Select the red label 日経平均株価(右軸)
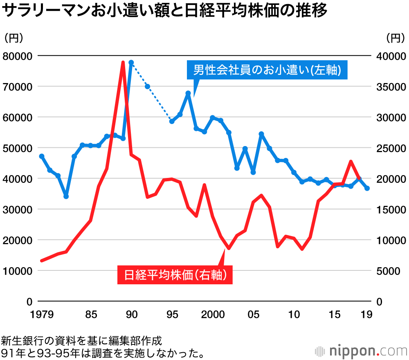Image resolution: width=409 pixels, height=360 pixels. (x=175, y=275)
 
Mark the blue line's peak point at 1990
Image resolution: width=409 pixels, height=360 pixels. (x=131, y=63)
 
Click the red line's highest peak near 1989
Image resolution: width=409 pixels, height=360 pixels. (x=123, y=62)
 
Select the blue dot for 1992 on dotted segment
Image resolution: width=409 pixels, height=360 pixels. (x=147, y=86)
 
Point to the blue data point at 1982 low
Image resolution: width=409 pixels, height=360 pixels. (x=66, y=196)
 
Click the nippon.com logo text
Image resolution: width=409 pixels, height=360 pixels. (x=364, y=351)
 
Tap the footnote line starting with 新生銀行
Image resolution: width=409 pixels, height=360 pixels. (x=82, y=340)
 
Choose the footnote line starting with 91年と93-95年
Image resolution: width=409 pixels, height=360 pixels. (x=102, y=352)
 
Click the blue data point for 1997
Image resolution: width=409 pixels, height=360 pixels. (x=188, y=93)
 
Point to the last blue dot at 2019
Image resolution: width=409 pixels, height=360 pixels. (x=367, y=188)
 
